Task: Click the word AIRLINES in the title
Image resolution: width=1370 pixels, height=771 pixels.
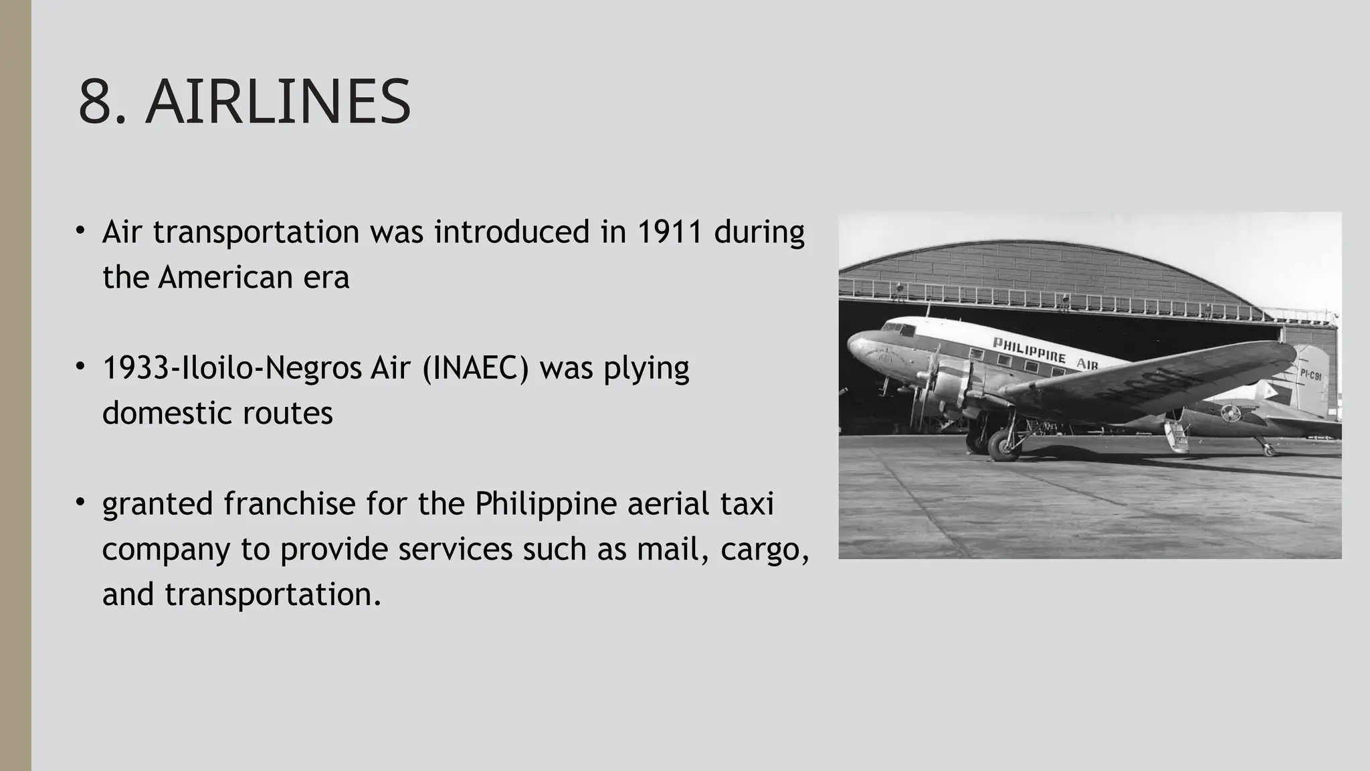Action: [x=278, y=102]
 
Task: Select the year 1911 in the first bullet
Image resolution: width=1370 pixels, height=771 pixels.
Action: [x=670, y=232]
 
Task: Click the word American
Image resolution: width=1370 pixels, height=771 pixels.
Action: [x=225, y=277]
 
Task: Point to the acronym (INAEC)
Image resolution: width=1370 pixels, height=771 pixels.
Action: [x=476, y=368]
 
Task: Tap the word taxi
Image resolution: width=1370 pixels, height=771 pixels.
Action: [x=747, y=504]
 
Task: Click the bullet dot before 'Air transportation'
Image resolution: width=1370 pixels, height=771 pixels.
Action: [x=80, y=230]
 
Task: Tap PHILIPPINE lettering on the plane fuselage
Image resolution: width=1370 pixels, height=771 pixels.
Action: [x=1029, y=350]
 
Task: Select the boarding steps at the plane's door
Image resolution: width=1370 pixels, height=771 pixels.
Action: [x=1177, y=435]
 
